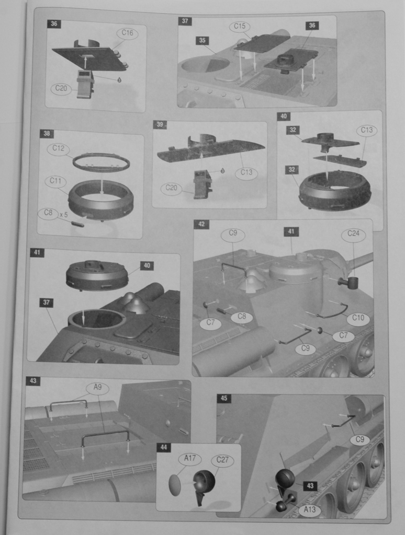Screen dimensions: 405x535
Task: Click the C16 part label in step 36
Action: (127, 33)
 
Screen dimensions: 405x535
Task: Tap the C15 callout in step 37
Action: (240, 26)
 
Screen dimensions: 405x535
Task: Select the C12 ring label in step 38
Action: (58, 148)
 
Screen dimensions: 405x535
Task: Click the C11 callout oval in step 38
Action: (55, 181)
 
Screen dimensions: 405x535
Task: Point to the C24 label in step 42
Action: (353, 234)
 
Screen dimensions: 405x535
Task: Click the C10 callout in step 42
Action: (358, 318)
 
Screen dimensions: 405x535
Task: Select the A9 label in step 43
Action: (98, 387)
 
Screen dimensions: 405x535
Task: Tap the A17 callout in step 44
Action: (190, 459)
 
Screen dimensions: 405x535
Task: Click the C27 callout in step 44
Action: (222, 460)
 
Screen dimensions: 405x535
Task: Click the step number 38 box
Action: (47, 133)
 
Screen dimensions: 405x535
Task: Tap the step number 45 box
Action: (224, 398)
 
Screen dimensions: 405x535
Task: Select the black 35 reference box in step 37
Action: (203, 41)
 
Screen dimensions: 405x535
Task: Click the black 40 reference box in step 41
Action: (147, 265)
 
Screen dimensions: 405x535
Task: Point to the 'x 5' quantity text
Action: (64, 215)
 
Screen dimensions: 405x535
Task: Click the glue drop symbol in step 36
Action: (119, 80)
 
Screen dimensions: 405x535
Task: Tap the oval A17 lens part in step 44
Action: (176, 484)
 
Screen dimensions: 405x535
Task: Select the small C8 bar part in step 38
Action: (77, 224)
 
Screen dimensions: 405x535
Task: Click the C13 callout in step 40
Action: (367, 130)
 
